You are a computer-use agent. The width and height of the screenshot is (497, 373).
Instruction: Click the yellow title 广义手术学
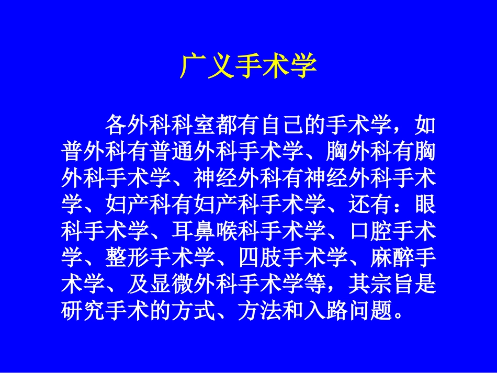tap(249, 66)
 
